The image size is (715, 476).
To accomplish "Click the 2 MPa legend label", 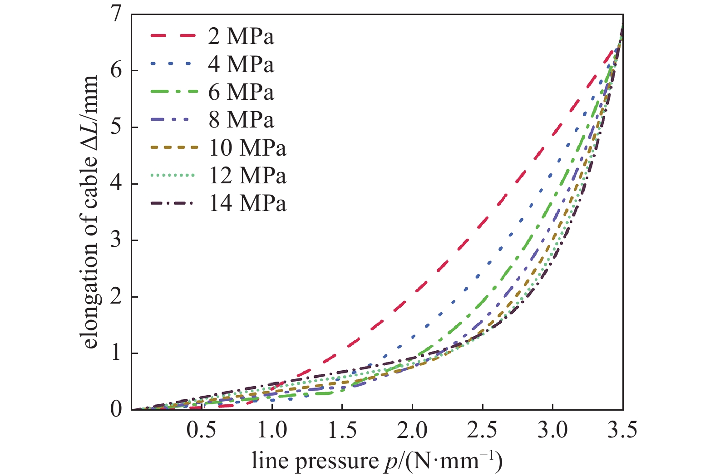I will tap(241, 36).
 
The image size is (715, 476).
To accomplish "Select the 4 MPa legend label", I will tap(241, 64).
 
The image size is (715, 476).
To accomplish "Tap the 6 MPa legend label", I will tap(241, 92).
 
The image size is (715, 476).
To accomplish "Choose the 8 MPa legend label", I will tap(241, 120).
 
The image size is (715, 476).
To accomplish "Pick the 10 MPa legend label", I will tap(247, 148).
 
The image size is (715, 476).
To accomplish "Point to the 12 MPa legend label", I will tap(247, 176).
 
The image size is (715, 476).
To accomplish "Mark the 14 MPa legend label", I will tap(247, 203).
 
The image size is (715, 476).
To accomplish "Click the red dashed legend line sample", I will tap(173, 35).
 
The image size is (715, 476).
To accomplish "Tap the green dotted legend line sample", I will tap(173, 175).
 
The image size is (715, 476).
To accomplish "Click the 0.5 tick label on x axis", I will tap(202, 430).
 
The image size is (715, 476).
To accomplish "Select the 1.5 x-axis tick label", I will tap(342, 430).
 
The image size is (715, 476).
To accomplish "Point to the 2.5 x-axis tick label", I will tap(482, 430).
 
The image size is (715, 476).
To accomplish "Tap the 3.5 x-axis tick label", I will tap(622, 430).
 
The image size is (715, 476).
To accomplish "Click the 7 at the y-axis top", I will tap(117, 15).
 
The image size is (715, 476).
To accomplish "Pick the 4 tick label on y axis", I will tap(117, 184).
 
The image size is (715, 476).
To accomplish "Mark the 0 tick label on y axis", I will tap(117, 409).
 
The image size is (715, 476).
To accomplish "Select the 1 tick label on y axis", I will tap(117, 353).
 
